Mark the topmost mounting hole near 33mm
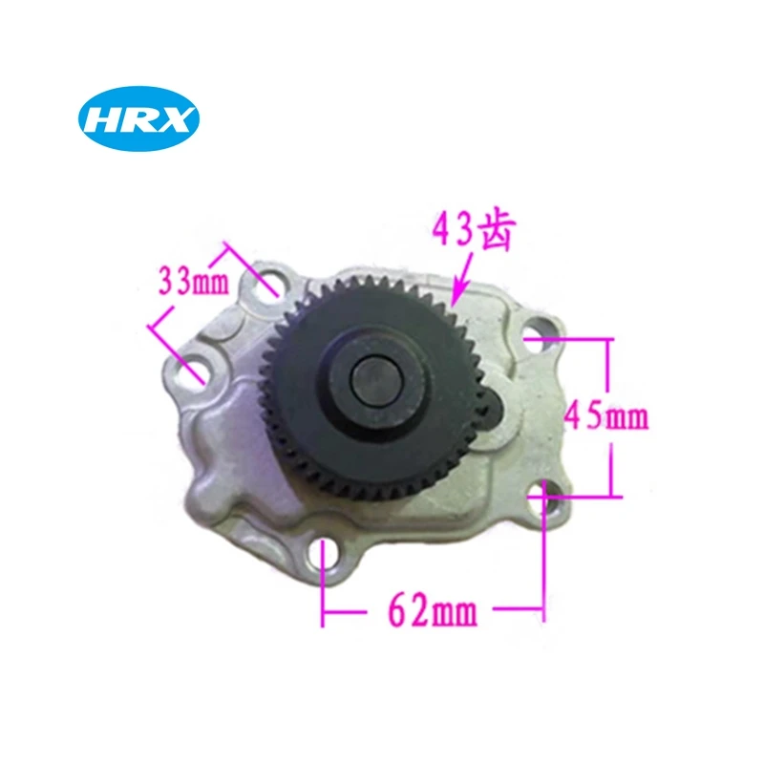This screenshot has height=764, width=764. click(x=269, y=283)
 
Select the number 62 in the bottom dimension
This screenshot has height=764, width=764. click(x=406, y=609)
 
